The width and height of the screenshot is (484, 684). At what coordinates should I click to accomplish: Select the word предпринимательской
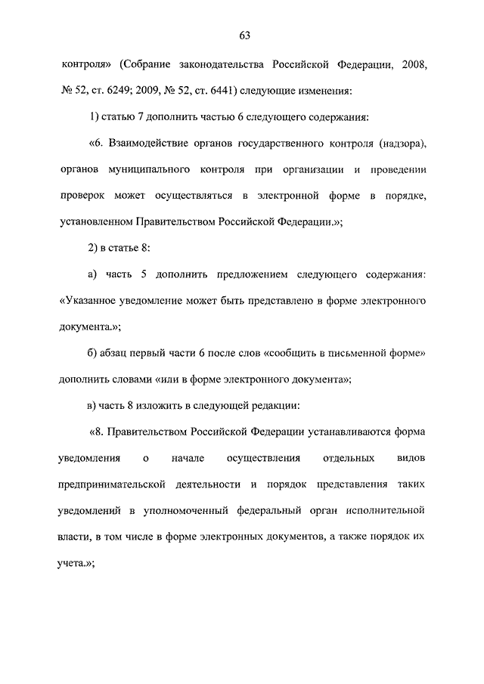click(122, 484)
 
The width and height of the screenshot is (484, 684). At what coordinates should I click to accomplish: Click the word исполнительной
click(390, 510)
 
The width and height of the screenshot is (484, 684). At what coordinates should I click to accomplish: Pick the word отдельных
click(345, 458)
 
